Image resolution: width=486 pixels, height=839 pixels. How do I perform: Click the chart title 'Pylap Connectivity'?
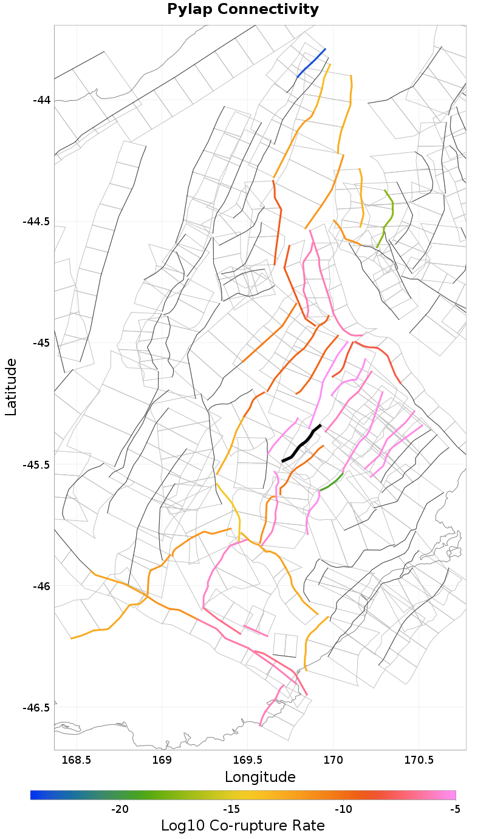[x=243, y=10]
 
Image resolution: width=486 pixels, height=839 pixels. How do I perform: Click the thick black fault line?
[x=302, y=443]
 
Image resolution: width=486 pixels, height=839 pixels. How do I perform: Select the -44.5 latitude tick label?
[x=36, y=221]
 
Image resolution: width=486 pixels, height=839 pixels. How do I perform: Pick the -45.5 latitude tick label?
[x=36, y=464]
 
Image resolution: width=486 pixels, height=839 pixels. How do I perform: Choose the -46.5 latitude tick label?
[x=36, y=708]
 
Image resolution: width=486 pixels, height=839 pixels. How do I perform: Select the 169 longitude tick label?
[x=162, y=759]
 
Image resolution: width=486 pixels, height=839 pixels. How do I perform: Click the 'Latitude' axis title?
[x=11, y=387]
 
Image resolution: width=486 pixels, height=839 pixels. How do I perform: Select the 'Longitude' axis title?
[x=260, y=777]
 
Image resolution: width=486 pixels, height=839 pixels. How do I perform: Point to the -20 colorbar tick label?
[x=120, y=809]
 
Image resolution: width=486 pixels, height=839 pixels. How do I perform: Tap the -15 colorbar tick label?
[x=231, y=809]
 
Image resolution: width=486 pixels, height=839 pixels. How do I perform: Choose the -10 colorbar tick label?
[x=343, y=809]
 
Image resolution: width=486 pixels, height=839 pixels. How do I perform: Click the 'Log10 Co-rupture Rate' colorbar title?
[x=243, y=826]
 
